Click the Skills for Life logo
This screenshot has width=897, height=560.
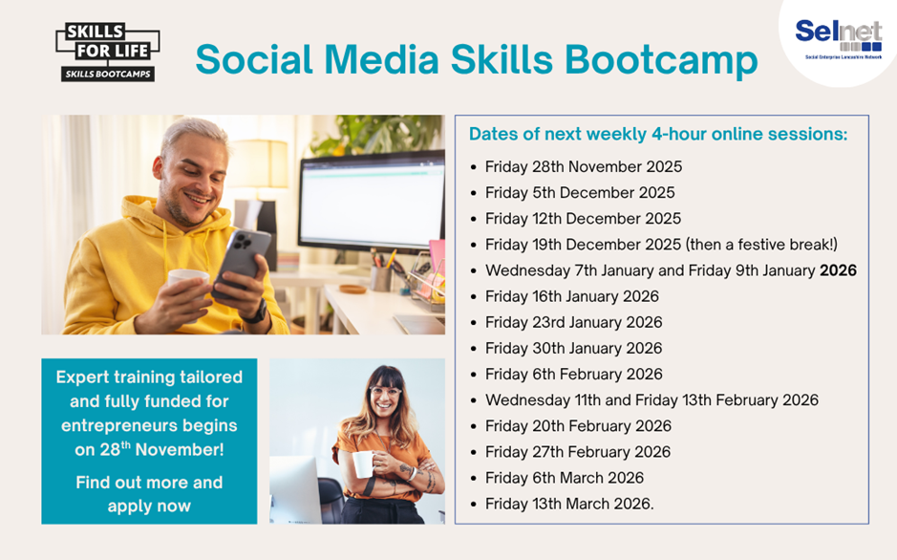(x=107, y=53)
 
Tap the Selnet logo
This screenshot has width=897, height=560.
(x=838, y=37)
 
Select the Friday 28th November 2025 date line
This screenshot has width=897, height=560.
(x=583, y=167)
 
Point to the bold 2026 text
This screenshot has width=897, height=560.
(x=838, y=270)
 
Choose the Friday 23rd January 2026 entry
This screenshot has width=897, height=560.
(x=573, y=322)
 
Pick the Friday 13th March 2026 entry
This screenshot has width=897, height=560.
(x=569, y=504)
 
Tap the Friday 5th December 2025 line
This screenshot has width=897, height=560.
(x=580, y=193)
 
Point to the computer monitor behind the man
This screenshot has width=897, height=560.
(x=371, y=201)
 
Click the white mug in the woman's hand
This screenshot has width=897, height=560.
(x=362, y=464)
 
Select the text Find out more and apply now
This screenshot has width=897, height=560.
(x=149, y=494)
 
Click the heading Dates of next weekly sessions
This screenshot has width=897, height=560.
(x=658, y=134)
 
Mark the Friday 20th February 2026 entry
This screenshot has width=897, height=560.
(x=578, y=426)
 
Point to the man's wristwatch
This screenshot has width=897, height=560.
(x=255, y=312)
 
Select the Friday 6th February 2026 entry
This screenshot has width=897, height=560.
(x=573, y=375)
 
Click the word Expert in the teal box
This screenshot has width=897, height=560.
(x=84, y=377)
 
